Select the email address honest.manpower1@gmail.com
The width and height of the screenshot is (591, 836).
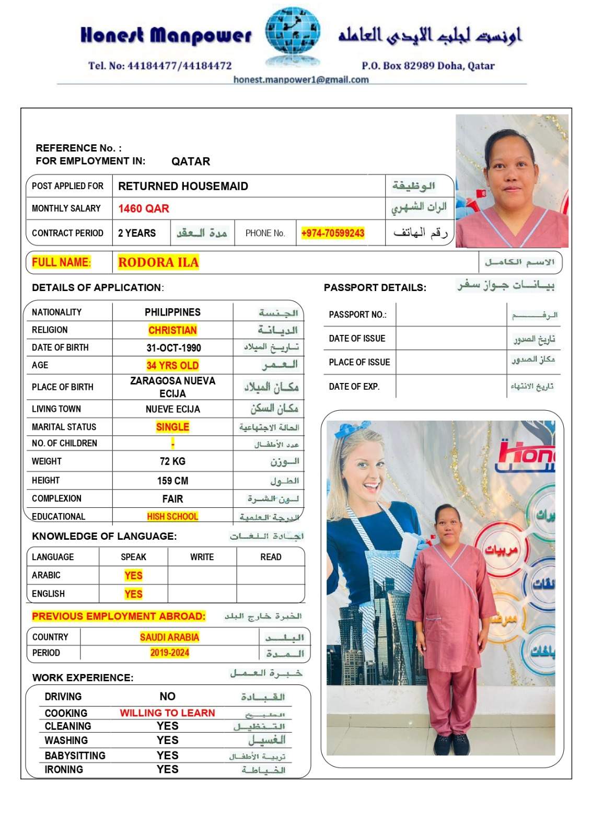301,79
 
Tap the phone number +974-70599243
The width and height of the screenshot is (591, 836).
333,233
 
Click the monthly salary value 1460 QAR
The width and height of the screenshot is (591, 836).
144,208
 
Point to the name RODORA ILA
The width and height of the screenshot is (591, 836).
158,262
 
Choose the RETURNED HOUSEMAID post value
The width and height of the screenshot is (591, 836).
183,186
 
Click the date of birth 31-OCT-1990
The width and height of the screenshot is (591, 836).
173,348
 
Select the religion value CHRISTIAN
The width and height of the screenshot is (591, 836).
172,330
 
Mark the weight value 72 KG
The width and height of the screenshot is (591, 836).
172,461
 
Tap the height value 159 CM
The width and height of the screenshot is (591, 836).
172,481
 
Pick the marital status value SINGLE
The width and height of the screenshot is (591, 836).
172,427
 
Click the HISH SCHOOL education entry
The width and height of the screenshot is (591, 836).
172,517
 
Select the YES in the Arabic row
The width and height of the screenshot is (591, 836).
133,575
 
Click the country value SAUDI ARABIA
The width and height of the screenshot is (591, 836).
169,637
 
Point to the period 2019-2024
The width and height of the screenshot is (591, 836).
169,653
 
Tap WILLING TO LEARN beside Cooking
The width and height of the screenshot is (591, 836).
167,713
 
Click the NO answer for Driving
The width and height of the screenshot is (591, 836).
167,696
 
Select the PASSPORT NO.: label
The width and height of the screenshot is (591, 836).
357,315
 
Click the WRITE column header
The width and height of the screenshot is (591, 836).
202,557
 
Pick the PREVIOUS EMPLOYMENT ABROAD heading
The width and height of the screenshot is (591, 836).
119,617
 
